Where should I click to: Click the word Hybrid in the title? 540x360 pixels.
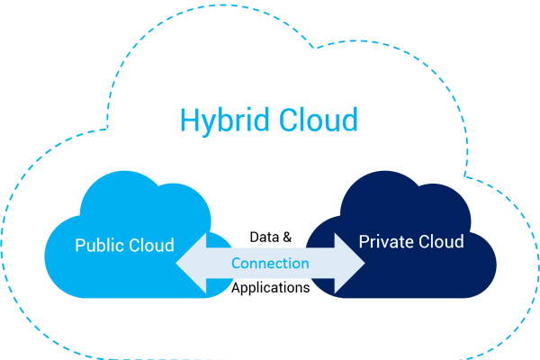point(225,121)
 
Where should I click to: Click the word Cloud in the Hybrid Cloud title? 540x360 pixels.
point(319,119)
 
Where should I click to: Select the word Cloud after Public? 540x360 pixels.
point(151,245)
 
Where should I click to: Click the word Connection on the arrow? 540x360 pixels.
point(270,263)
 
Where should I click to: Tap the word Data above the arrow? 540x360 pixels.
point(264,237)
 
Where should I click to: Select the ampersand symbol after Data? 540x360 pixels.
point(287,237)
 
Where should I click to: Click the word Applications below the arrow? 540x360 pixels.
point(271,288)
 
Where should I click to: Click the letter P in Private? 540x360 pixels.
point(364,241)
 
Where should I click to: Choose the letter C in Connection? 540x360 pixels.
point(237,264)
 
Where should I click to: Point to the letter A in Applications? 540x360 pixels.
point(237,287)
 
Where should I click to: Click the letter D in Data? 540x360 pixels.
point(254,237)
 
